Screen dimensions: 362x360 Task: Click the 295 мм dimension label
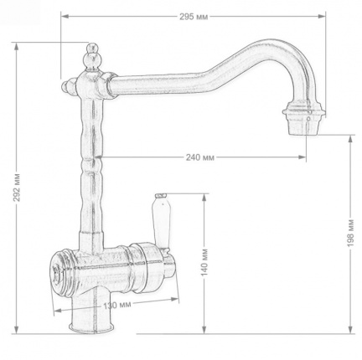[x=194, y=17]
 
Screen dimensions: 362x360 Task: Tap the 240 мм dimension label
[x=200, y=157]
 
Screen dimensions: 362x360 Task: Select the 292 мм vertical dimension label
[x=18, y=188]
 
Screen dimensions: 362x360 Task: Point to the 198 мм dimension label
[x=350, y=233]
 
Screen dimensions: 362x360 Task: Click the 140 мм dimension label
[x=205, y=262]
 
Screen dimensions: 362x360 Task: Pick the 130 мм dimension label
[x=117, y=305]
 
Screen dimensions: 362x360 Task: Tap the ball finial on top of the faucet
[x=93, y=57]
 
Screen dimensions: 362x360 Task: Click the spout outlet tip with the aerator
[x=304, y=121]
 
